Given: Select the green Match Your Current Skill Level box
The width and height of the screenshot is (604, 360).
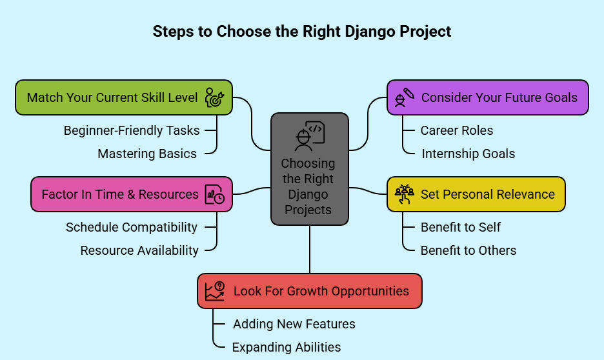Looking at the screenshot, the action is [x=124, y=97].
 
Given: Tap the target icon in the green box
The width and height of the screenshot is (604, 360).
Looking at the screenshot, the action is [x=214, y=97].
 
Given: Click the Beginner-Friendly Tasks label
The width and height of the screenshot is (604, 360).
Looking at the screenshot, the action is [x=132, y=130].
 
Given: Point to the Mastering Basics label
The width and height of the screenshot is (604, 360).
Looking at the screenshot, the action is [x=147, y=154].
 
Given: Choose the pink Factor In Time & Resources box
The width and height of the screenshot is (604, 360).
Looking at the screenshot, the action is [x=132, y=194].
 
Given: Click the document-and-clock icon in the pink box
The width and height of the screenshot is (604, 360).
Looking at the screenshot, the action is [x=214, y=194].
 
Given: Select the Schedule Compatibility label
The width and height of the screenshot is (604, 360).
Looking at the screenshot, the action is [x=132, y=227].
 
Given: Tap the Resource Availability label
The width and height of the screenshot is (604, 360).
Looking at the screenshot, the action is [x=139, y=250].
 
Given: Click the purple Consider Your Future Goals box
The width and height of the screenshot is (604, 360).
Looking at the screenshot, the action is [x=488, y=97].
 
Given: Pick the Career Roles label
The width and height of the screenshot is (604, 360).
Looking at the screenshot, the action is [x=457, y=130].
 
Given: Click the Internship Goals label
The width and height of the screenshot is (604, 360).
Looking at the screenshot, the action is [x=468, y=154].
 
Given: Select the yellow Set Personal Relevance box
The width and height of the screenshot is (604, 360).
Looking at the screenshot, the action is [x=476, y=194].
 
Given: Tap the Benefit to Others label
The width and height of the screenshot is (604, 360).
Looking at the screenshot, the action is [x=468, y=250].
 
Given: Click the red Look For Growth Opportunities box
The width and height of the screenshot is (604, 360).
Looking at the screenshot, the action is [x=310, y=291].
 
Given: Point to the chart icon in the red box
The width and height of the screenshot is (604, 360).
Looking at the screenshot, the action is [x=215, y=291].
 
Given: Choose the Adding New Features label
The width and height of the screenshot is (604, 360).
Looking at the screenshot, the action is [x=294, y=324].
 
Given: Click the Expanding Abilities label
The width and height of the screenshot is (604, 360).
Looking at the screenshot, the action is [x=287, y=347].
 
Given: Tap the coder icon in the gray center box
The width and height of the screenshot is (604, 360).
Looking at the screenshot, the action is [x=310, y=136].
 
